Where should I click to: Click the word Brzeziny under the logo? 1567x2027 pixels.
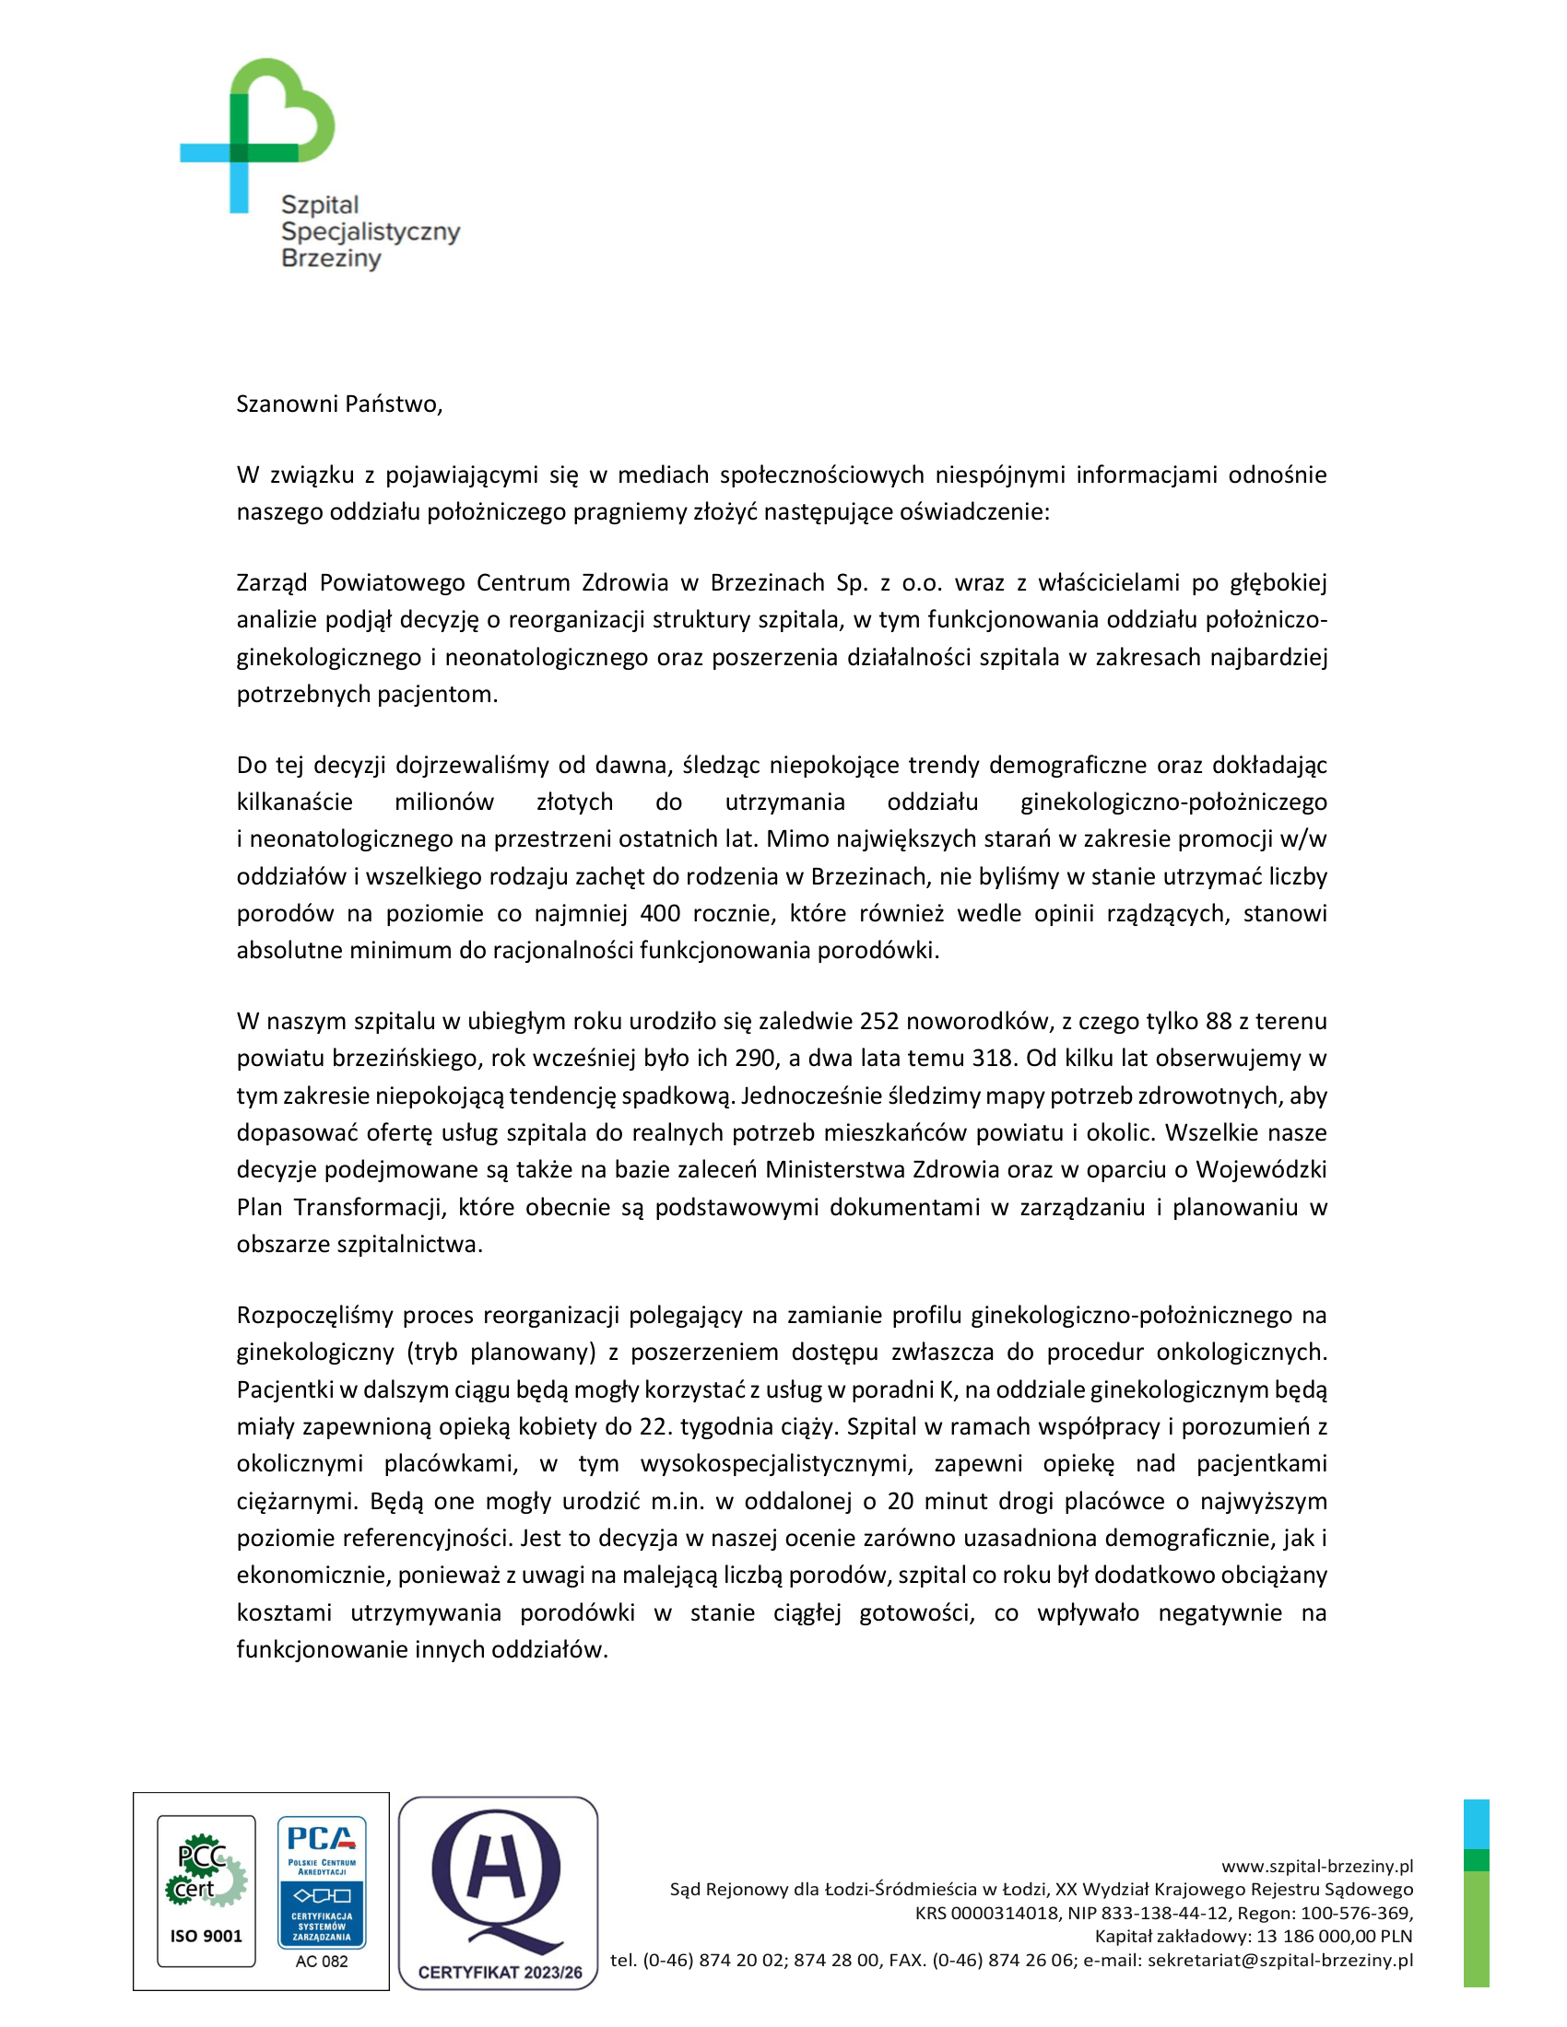coord(332,258)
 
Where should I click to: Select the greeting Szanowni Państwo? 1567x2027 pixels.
coord(339,404)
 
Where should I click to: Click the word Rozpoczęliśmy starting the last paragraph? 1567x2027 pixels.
coord(314,1315)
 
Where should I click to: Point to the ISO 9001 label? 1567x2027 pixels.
coord(206,1936)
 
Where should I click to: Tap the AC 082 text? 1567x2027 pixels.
coord(322,1962)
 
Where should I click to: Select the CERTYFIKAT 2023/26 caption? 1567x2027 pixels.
coord(500,1973)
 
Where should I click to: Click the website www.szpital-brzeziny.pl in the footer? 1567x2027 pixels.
coord(1316,1867)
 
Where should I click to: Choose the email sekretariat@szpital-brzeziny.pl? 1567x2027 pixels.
coord(1280,1960)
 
